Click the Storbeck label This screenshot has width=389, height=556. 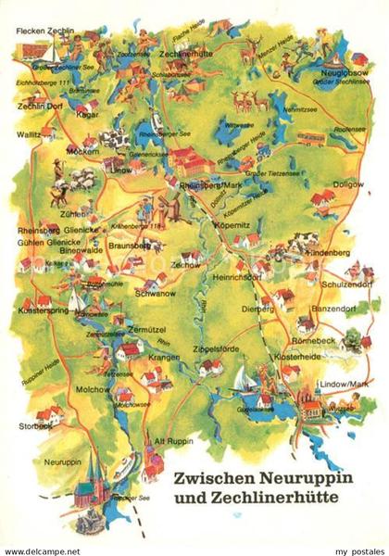pyautogui.click(x=35, y=426)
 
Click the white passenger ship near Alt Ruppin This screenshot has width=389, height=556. pyautogui.click(x=130, y=462)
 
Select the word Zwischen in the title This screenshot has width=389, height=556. pyautogui.click(x=217, y=481)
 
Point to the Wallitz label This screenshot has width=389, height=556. pyautogui.click(x=29, y=133)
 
